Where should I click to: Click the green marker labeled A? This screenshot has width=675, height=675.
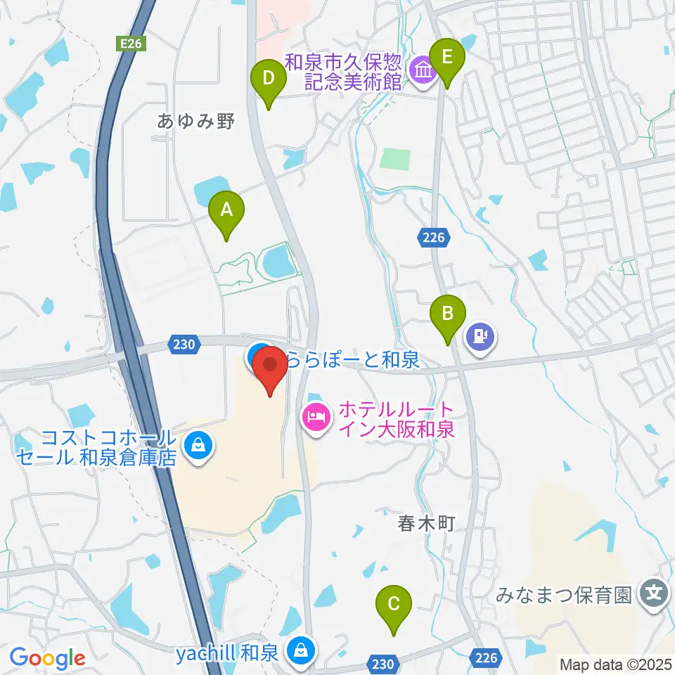tap(226, 211)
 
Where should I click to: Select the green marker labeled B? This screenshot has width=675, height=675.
tap(448, 314)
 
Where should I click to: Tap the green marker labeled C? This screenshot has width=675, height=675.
tap(394, 604)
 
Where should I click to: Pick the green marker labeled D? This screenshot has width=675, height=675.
tap(268, 79)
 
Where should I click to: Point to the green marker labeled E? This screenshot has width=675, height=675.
tap(447, 57)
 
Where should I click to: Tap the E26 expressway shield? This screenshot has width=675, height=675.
tap(131, 44)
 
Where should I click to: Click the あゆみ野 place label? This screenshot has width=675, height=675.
tap(195, 121)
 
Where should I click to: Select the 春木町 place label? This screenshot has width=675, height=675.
tap(423, 524)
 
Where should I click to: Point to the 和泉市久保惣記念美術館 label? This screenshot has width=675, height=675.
tap(344, 72)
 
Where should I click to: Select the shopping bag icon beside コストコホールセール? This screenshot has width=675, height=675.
tap(198, 445)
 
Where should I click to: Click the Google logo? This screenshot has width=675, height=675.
tap(46, 658)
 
